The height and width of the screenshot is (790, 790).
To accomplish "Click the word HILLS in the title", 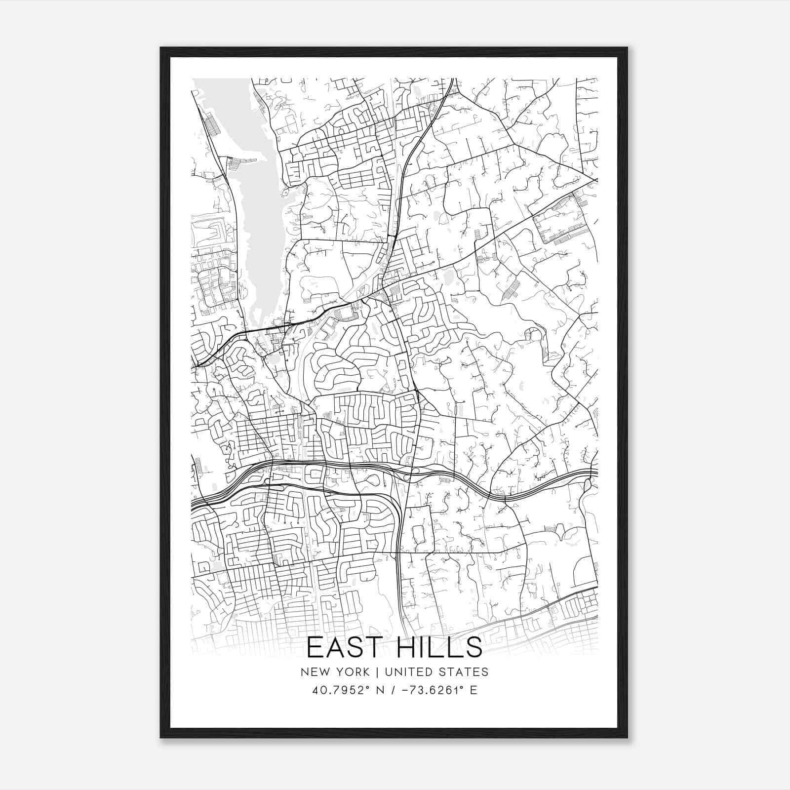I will coord(439,647).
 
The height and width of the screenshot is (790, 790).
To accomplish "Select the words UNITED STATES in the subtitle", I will coord(436,672).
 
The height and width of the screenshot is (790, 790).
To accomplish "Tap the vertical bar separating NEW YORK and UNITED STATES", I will coord(377,672).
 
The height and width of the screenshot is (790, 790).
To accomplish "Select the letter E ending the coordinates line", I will coord(474,690).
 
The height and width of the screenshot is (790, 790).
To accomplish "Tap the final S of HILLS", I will coord(474,647).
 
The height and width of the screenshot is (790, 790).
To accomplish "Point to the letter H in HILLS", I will coord(405,647).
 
